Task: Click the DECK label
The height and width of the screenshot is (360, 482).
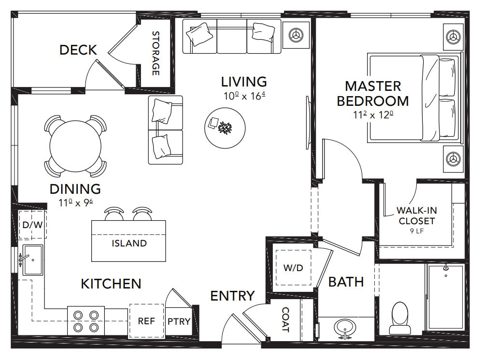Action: click(x=78, y=50)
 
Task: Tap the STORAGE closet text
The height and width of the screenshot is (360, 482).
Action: click(x=156, y=53)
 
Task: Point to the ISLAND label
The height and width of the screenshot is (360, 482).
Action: click(x=129, y=243)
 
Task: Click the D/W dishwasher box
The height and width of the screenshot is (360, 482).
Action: click(x=32, y=225)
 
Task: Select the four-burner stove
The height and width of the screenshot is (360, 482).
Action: click(x=85, y=321)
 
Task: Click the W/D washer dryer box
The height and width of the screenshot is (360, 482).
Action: click(x=293, y=268)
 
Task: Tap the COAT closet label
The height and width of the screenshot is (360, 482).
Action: click(x=285, y=320)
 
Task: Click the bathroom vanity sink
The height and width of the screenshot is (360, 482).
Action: click(x=346, y=329)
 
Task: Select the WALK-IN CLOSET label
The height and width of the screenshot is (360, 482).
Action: click(x=415, y=216)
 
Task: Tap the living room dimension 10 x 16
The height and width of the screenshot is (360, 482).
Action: click(x=245, y=96)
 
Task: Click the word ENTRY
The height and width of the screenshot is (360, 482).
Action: click(x=232, y=296)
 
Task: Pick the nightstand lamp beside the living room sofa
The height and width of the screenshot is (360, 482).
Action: click(x=295, y=35)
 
